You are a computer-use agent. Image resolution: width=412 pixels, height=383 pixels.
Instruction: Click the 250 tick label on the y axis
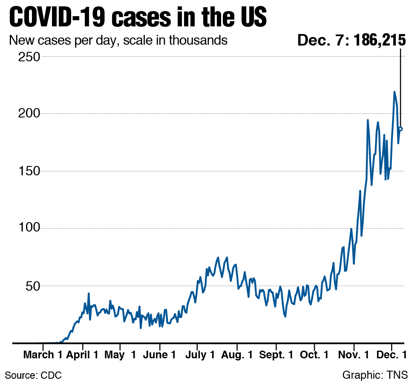click(29, 57)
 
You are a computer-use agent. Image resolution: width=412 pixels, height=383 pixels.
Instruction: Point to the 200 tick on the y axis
click(29, 114)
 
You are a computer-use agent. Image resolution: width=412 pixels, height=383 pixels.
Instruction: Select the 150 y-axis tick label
click(29, 171)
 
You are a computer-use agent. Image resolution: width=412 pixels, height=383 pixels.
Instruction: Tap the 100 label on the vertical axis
click(29, 228)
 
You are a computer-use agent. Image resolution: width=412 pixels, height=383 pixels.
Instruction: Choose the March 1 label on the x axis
click(45, 355)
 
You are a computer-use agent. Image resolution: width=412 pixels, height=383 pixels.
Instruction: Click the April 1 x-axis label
click(83, 355)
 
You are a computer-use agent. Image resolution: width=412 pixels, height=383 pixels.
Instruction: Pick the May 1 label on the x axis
click(121, 355)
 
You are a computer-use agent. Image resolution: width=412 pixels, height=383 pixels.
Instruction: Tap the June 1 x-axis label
click(160, 355)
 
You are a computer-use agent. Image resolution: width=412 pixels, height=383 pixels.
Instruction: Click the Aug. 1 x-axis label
click(237, 355)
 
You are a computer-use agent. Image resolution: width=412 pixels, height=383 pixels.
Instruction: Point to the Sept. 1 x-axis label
click(276, 355)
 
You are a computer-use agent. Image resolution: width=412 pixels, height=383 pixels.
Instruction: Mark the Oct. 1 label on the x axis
click(314, 355)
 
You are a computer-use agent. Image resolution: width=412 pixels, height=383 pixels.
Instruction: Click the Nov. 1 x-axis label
click(353, 355)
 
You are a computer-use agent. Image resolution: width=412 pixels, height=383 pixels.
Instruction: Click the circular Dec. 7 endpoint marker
click(400, 129)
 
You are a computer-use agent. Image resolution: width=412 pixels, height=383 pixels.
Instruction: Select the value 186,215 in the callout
click(379, 40)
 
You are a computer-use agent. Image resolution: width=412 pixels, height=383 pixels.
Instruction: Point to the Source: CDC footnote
click(33, 375)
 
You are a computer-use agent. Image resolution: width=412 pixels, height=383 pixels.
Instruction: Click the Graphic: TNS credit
click(375, 375)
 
